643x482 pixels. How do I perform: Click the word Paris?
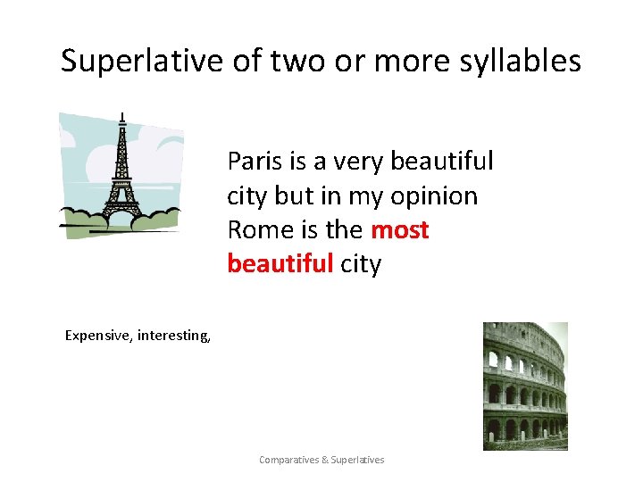pyautogui.click(x=255, y=162)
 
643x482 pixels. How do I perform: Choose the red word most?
pyautogui.click(x=399, y=230)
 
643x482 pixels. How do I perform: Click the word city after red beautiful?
pyautogui.click(x=361, y=264)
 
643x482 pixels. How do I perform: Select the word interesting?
pyautogui.click(x=174, y=336)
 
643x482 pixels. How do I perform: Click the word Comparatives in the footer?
pyautogui.click(x=289, y=460)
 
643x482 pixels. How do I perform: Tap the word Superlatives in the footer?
pyautogui.click(x=358, y=460)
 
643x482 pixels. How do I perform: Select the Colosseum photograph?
pyautogui.click(x=524, y=386)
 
